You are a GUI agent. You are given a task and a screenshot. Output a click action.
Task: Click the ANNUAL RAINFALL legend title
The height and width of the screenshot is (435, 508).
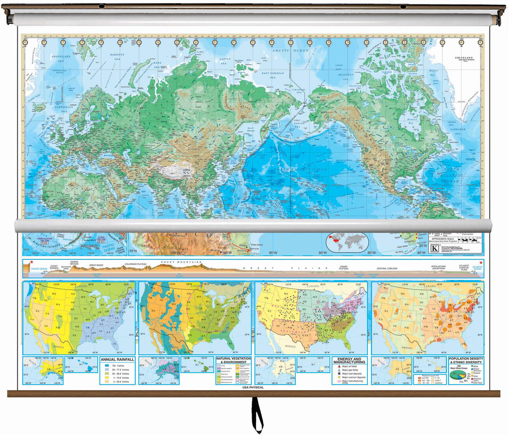click(x=118, y=359)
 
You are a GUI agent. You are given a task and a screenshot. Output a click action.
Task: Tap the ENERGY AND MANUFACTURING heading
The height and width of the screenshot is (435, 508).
click(x=349, y=360)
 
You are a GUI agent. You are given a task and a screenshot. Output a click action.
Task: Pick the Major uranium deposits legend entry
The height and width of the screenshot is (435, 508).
click(x=353, y=377)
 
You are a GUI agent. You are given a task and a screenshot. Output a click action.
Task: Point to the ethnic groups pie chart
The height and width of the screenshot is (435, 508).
click(x=455, y=374)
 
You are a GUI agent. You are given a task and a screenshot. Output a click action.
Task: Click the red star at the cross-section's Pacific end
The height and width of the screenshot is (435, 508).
click(x=32, y=262)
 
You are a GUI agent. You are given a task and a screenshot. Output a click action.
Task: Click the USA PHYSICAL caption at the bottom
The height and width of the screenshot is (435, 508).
click(x=253, y=388)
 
